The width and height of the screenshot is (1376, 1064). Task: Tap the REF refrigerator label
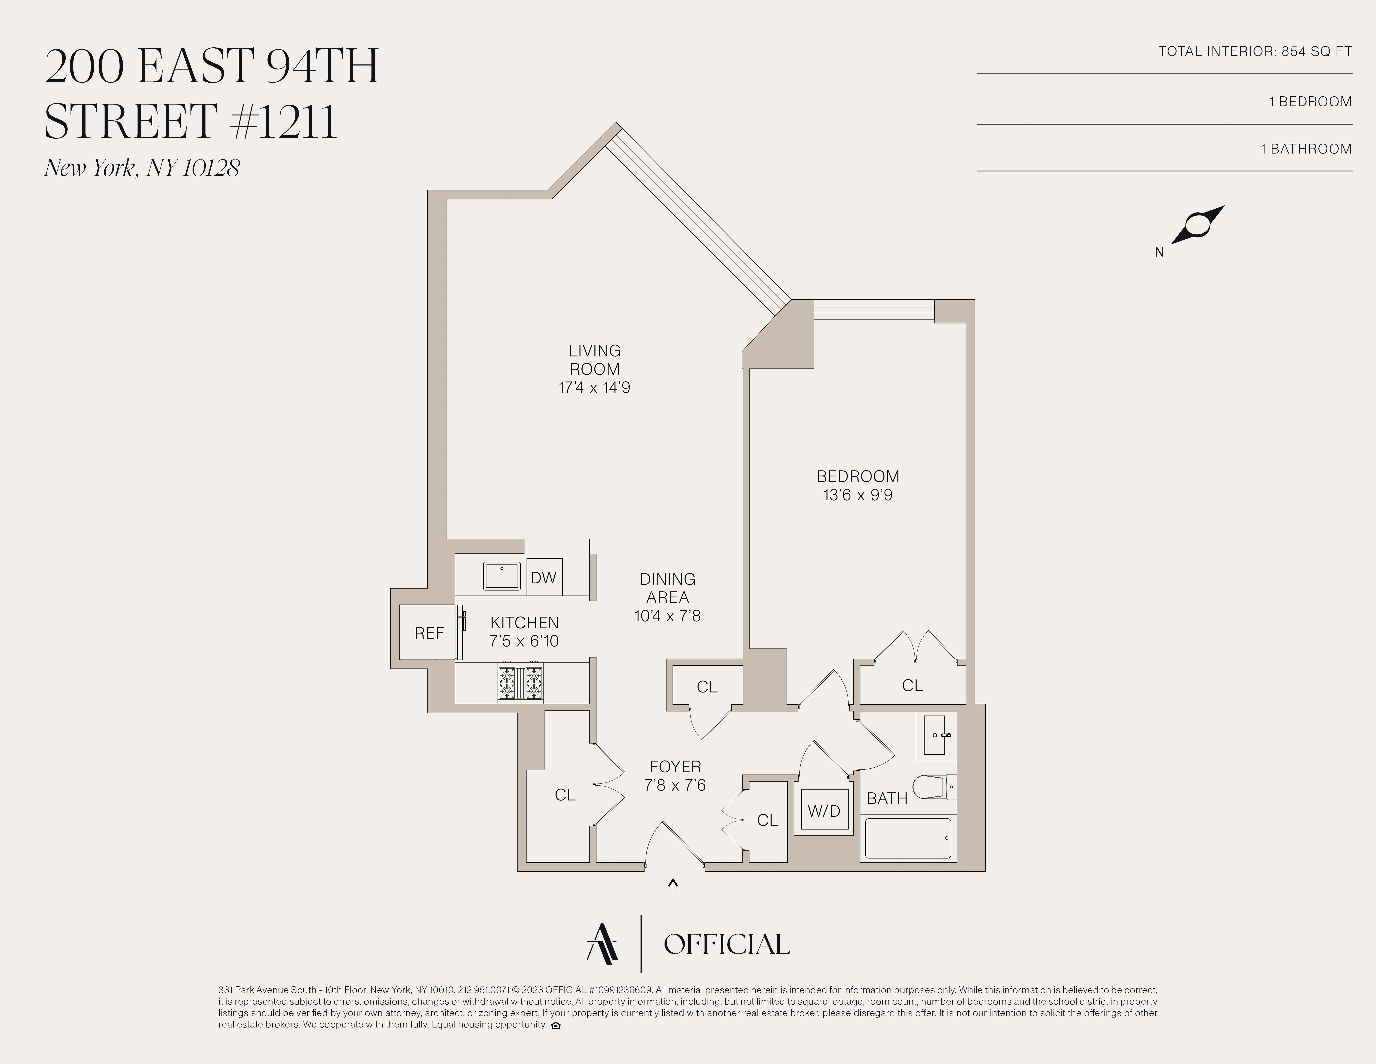tap(429, 633)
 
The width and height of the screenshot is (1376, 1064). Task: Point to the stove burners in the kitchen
tap(520, 684)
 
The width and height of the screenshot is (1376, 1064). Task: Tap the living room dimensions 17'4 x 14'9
tap(594, 387)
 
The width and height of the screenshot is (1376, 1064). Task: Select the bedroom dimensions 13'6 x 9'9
tap(858, 495)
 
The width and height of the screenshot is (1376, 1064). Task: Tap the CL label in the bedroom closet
tap(912, 685)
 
